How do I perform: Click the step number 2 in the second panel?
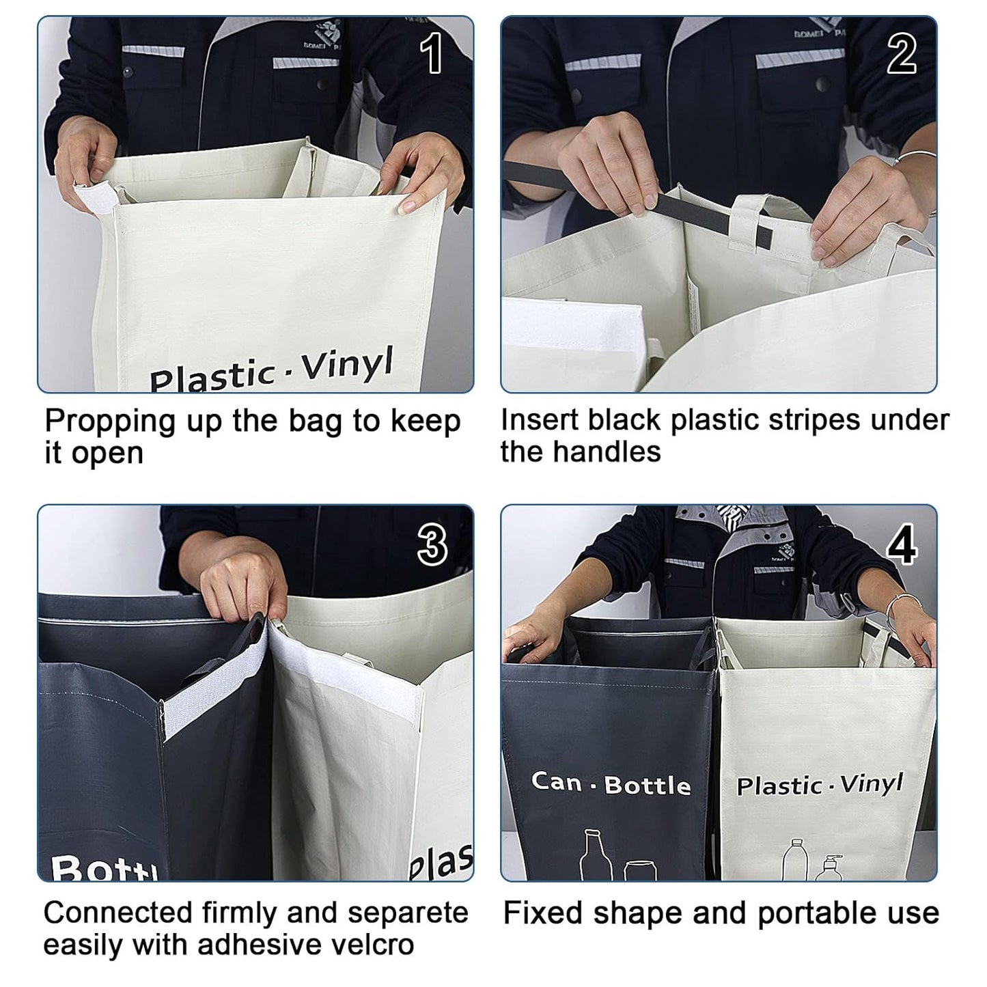(x=901, y=55)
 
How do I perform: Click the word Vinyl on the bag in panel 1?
(x=348, y=366)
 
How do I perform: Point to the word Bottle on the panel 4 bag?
(x=647, y=786)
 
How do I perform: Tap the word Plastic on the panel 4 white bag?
(x=779, y=786)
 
